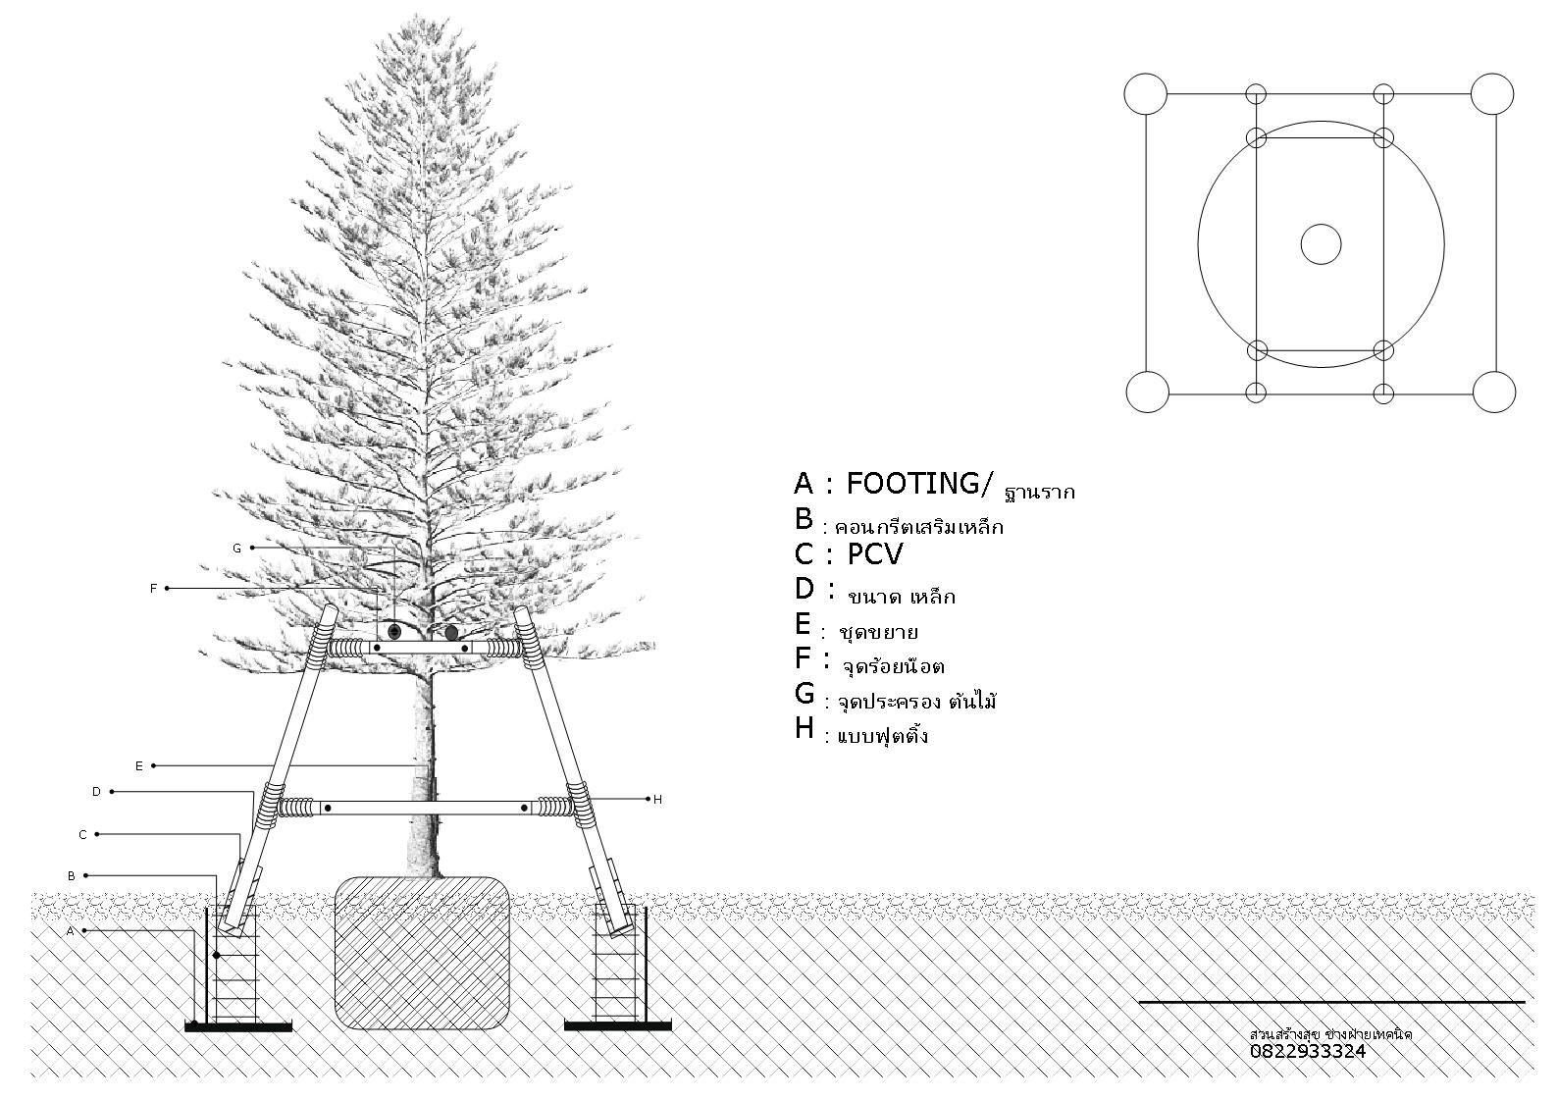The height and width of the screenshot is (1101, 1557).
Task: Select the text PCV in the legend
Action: point(874,555)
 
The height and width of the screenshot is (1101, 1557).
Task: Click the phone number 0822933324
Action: point(1307,1052)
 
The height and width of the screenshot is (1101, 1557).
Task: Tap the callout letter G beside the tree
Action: point(236,549)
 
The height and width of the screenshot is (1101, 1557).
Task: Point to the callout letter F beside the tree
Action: point(153,589)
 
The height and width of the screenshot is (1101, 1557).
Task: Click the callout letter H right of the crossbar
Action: point(657,800)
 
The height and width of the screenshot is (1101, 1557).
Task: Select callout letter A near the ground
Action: point(71,931)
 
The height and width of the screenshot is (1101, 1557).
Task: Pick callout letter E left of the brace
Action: point(139,766)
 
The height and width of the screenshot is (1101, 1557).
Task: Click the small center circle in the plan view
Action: point(1321,244)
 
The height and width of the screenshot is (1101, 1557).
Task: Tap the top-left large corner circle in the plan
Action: point(1145,95)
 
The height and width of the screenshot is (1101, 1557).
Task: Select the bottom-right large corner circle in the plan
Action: point(1494,393)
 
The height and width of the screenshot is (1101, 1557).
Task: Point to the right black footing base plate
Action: point(617,1026)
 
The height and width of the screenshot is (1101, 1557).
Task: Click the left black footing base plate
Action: point(238,1026)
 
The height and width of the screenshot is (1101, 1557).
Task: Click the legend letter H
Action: point(804,729)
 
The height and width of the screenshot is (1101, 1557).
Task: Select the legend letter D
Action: point(804,589)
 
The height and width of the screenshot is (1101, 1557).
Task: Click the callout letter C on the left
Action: point(83,835)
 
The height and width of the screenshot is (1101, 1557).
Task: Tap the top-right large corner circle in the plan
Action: point(1491,94)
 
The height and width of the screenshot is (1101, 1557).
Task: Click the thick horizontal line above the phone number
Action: point(1331,1002)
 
